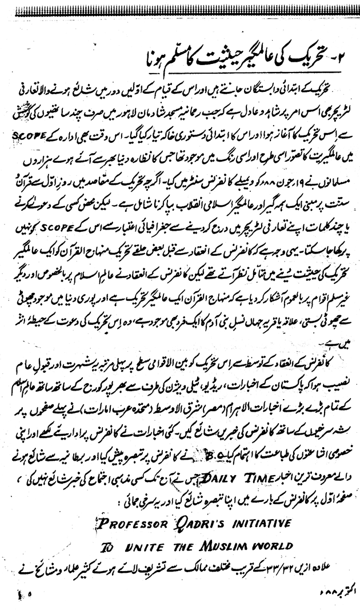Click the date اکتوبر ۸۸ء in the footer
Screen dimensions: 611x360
pos(330,597)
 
